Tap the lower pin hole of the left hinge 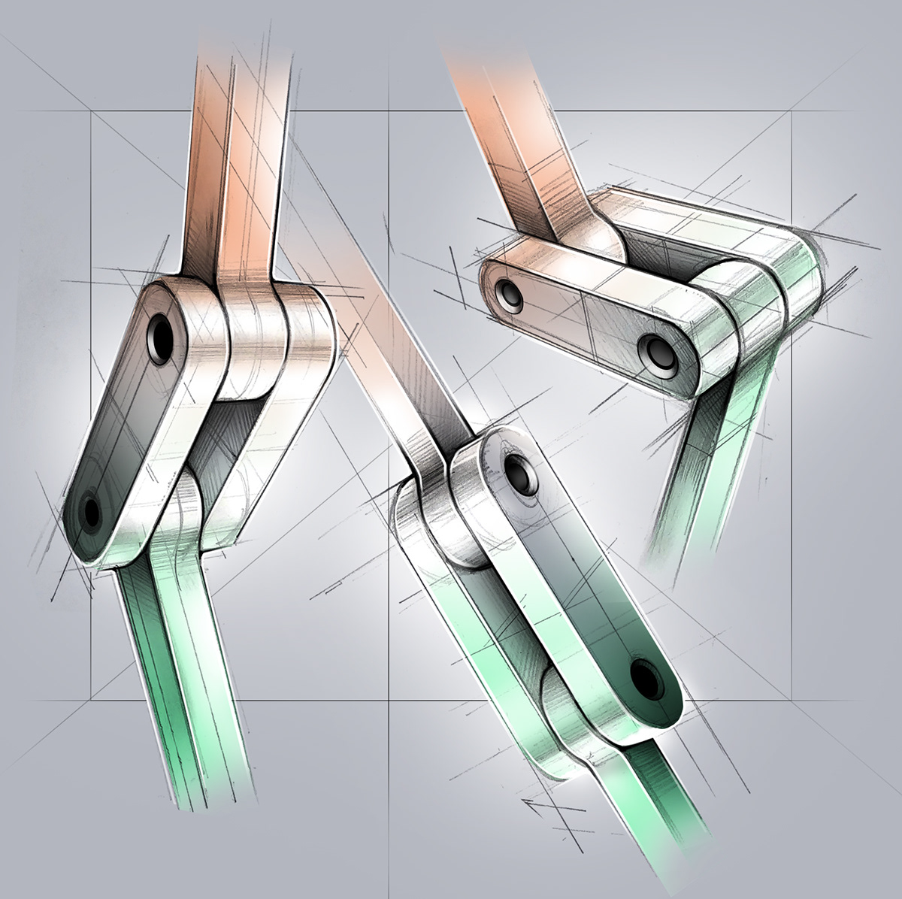[92, 513]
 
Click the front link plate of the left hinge [128, 421]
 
